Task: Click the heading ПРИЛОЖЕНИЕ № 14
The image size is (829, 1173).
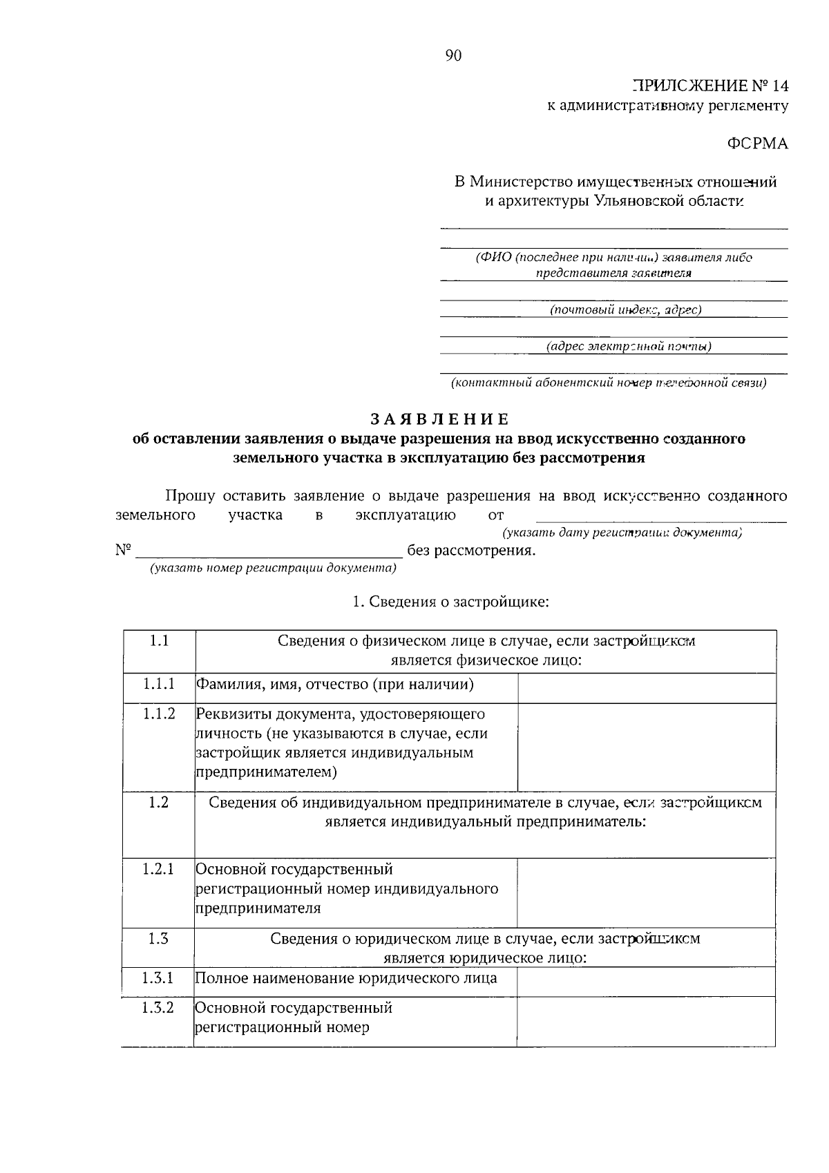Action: (x=710, y=86)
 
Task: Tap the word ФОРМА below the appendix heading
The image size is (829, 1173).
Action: (x=757, y=144)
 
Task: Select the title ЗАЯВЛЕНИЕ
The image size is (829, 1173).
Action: (x=439, y=419)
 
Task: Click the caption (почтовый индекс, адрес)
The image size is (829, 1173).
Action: (x=625, y=309)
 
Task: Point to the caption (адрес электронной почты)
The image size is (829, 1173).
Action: (x=628, y=346)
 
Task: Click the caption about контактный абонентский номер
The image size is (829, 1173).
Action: (x=608, y=382)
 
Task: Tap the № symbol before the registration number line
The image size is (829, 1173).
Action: (x=124, y=551)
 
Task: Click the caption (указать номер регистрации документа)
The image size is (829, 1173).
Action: (x=274, y=568)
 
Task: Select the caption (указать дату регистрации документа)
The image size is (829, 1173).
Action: (x=622, y=533)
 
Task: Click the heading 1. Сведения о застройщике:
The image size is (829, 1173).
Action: (x=450, y=602)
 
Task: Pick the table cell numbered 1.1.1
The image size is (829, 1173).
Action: (x=159, y=684)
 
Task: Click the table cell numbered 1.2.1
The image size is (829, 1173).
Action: (x=158, y=868)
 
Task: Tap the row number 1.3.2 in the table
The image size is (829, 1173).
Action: (x=158, y=1007)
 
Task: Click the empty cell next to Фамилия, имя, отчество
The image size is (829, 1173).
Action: (x=646, y=688)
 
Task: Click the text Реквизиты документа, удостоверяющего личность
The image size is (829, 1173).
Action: (x=341, y=723)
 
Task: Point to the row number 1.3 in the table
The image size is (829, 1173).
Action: (x=158, y=938)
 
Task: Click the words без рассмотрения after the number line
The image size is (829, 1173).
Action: (x=471, y=551)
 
